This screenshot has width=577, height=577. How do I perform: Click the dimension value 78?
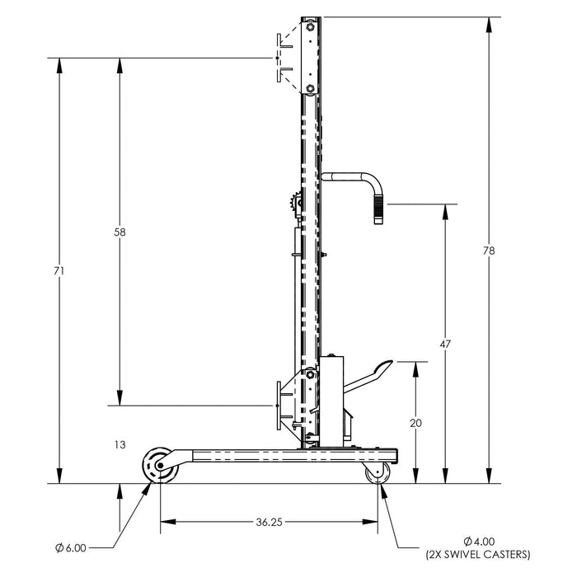490,251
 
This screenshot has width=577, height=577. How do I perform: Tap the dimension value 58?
120,233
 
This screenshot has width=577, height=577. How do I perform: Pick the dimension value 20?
415,422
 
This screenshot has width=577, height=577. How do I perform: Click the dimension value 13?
120,444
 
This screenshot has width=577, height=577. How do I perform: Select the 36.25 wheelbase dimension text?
270,521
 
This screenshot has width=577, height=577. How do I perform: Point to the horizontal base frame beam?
288,454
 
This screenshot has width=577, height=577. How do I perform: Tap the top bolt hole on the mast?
311,28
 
